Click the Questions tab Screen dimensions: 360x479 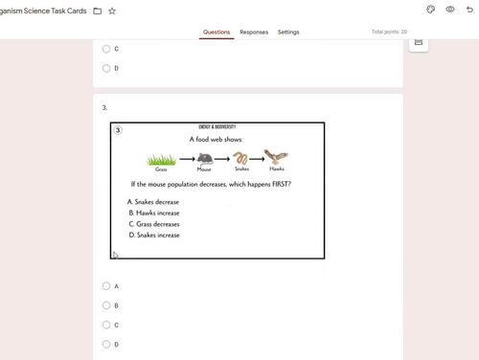pos(217,32)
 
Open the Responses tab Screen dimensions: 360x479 pos(254,32)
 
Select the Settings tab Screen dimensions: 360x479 pos(288,32)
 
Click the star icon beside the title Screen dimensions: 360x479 pos(113,11)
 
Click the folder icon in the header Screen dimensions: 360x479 pos(98,11)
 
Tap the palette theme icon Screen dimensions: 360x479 pos(430,10)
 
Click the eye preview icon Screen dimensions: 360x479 pos(450,10)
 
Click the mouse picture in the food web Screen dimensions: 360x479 pos(204,158)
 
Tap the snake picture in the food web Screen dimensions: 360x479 pos(242,158)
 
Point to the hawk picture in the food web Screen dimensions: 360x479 pos(277,157)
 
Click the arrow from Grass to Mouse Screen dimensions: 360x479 pos(183,160)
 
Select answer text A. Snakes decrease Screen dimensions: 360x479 pos(153,202)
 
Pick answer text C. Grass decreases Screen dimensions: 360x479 pos(153,224)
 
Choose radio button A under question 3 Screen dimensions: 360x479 pos(105,286)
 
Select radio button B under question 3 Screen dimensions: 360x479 pos(105,305)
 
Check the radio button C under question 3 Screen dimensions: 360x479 pos(105,325)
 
